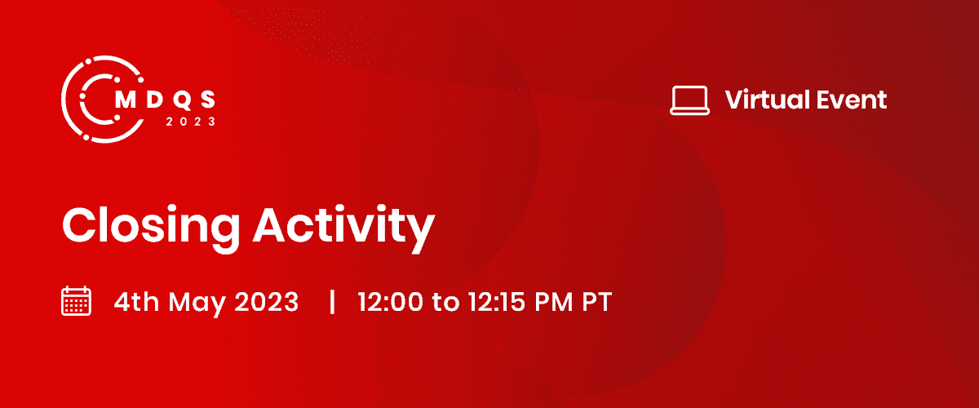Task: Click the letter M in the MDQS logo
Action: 126,100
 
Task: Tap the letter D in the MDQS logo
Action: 155,100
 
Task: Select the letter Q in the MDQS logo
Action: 182,100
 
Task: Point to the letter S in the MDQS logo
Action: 208,100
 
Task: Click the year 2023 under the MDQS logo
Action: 191,122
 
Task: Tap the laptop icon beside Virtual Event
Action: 689,100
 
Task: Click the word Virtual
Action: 768,100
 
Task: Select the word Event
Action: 852,100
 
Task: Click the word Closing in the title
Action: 151,228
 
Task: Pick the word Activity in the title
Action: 344,228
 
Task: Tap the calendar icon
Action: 76,301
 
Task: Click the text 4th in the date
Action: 136,302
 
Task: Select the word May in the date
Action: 197,303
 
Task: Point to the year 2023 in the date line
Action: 267,302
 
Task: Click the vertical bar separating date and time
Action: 332,302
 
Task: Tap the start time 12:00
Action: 391,302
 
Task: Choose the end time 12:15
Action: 497,302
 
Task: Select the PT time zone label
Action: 597,302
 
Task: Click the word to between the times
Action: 445,303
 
